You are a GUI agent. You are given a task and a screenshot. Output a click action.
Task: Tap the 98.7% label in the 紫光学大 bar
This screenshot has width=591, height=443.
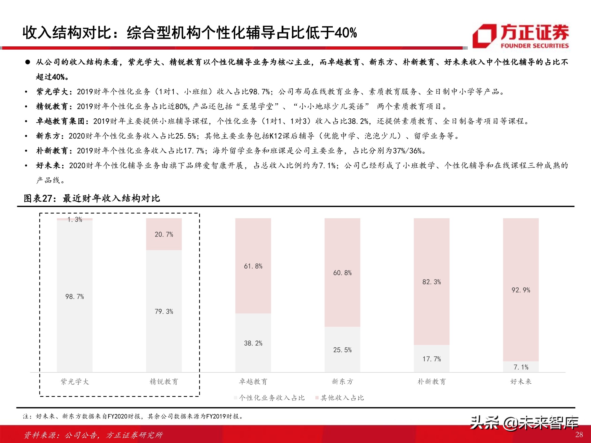point(74,297)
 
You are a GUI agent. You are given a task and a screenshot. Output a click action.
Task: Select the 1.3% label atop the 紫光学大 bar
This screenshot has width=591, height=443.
point(74,219)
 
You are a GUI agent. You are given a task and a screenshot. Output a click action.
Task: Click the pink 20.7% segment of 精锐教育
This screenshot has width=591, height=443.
point(164,234)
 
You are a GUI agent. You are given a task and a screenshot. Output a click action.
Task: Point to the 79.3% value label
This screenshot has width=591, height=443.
point(164,311)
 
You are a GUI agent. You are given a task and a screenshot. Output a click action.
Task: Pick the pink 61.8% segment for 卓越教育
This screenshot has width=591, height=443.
point(253,266)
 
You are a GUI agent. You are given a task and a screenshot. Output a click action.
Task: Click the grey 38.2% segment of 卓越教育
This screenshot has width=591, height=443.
point(253,343)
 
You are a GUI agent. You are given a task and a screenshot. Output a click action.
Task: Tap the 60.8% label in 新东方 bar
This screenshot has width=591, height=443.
point(342,273)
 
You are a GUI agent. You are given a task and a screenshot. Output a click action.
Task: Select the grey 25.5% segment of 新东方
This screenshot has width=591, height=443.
point(342,350)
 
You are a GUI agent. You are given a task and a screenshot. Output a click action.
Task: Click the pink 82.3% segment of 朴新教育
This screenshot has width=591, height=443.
point(431,281)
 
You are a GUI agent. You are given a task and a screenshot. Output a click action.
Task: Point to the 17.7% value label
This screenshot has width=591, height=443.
point(431,359)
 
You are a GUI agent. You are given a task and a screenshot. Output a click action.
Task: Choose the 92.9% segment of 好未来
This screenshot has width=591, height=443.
point(521,290)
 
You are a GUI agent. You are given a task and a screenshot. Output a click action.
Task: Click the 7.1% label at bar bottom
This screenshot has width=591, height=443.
point(521,367)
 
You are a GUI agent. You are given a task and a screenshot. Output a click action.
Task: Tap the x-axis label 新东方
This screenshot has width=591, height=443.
point(342,382)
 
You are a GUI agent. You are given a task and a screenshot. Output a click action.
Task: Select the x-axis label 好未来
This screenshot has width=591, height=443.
point(521,382)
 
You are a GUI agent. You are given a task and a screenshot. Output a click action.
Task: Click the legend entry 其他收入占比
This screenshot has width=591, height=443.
point(342,398)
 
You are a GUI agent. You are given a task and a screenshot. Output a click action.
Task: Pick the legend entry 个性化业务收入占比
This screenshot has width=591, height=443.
point(271,398)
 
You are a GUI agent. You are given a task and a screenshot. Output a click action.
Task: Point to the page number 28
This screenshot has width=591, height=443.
point(579,434)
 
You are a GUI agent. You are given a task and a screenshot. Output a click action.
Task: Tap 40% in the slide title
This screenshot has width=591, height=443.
point(345,32)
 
